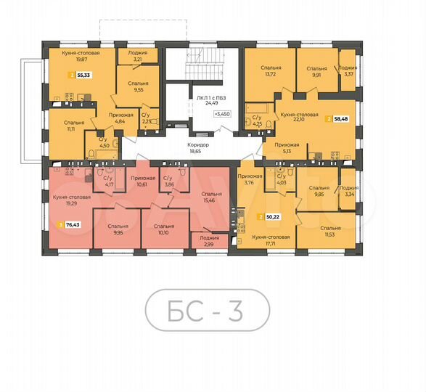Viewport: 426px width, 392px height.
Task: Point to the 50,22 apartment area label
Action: (271, 216)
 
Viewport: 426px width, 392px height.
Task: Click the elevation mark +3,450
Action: (222, 114)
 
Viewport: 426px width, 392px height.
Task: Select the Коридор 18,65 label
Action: (199, 147)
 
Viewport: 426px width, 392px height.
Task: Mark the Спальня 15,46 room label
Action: (212, 197)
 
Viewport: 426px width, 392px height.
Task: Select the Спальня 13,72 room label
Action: (271, 70)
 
